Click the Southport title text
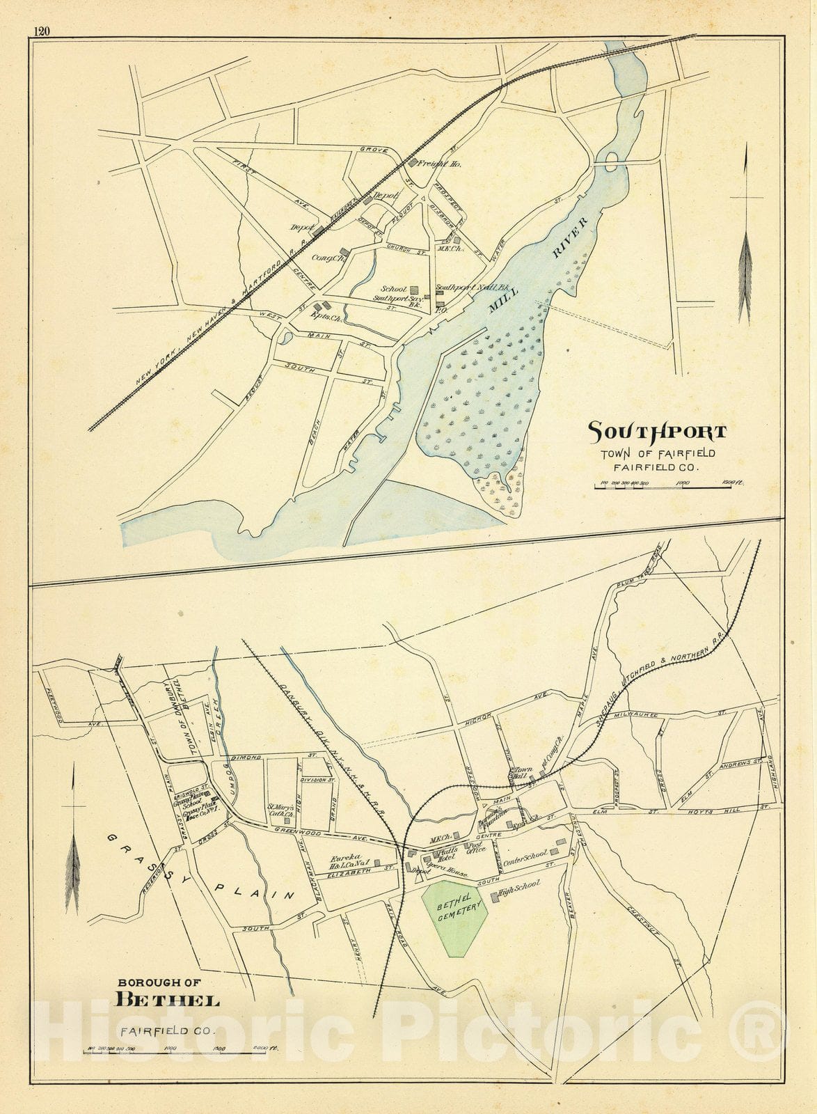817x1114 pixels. coord(657,432)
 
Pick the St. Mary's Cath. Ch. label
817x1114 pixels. coord(278,811)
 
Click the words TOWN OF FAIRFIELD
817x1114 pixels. coord(658,454)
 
